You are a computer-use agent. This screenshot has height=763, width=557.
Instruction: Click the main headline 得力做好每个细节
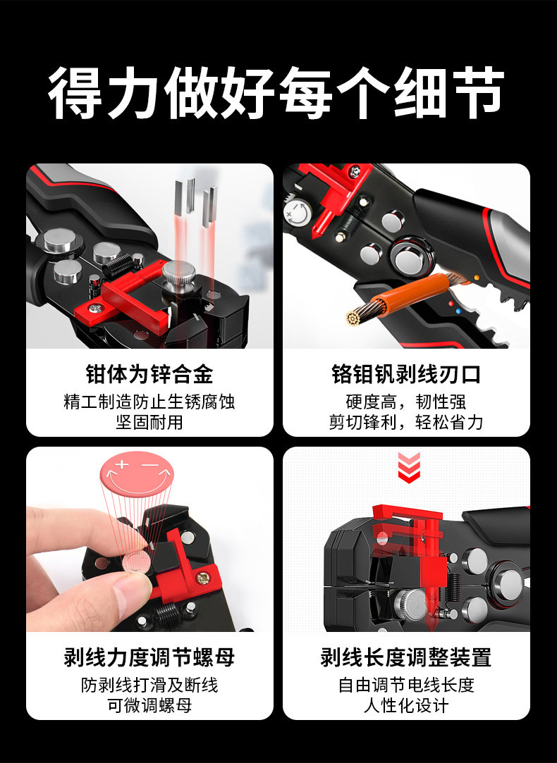click(x=276, y=92)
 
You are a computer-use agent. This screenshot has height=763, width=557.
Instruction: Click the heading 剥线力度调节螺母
click(x=149, y=657)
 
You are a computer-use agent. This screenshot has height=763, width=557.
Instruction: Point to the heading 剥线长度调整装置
click(x=406, y=657)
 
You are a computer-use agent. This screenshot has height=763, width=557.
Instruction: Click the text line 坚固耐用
click(x=149, y=422)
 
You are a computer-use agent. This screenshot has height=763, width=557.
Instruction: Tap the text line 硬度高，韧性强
click(x=406, y=402)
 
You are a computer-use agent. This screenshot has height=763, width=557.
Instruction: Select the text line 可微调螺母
click(x=149, y=705)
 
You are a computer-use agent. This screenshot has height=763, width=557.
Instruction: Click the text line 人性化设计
click(x=406, y=705)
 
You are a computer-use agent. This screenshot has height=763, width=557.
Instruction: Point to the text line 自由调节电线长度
click(x=406, y=685)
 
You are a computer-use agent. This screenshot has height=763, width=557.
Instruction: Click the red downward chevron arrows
click(x=409, y=468)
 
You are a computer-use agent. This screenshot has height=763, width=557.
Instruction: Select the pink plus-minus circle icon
click(x=137, y=473)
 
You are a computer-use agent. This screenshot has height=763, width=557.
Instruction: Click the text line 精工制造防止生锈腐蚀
click(x=149, y=402)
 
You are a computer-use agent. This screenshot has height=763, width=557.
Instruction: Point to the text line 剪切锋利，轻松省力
click(x=406, y=422)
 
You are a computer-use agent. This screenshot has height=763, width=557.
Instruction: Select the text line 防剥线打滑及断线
click(x=149, y=685)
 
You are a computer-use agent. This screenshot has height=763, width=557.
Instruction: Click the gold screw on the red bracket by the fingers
click(x=202, y=578)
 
